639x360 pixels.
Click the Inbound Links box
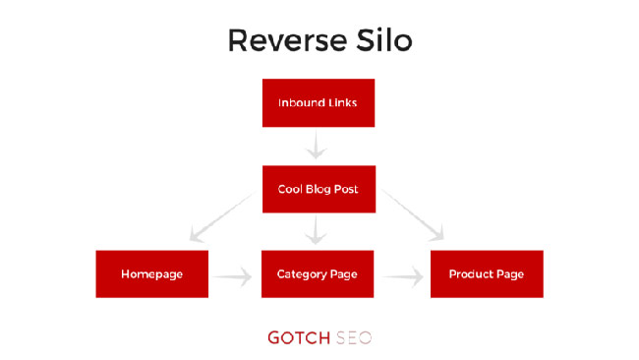click(319, 103)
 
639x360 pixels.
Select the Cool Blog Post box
click(319, 189)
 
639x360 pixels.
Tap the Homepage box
click(152, 273)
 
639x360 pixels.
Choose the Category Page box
click(319, 273)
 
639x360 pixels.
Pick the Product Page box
click(487, 273)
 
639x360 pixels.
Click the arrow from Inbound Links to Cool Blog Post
click(316, 147)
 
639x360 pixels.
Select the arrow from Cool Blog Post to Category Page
click(316, 231)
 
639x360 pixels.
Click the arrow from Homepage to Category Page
click(234, 278)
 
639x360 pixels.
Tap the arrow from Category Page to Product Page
click(403, 278)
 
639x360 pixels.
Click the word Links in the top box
click(343, 103)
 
